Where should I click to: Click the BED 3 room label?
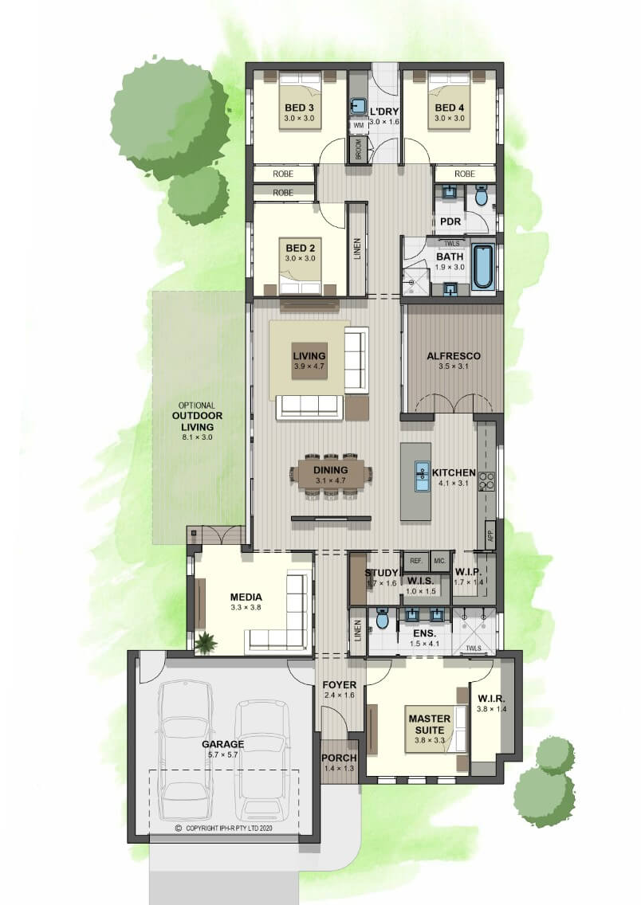[x=299, y=108]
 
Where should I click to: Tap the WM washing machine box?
[x=358, y=125]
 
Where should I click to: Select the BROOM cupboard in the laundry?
[x=358, y=150]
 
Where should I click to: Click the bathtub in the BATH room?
[x=483, y=267]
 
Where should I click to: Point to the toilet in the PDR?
[x=482, y=197]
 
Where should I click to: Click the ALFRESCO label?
[x=454, y=356]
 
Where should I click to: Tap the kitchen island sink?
[x=422, y=476]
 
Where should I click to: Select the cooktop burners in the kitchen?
[x=487, y=481]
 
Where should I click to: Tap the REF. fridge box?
[x=416, y=561]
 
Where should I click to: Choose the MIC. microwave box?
[x=440, y=561]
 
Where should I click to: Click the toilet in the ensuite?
[x=382, y=619]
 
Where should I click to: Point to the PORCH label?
[x=339, y=758]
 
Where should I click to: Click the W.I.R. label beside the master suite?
[x=491, y=699]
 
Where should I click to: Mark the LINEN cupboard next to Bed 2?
[x=357, y=249]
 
